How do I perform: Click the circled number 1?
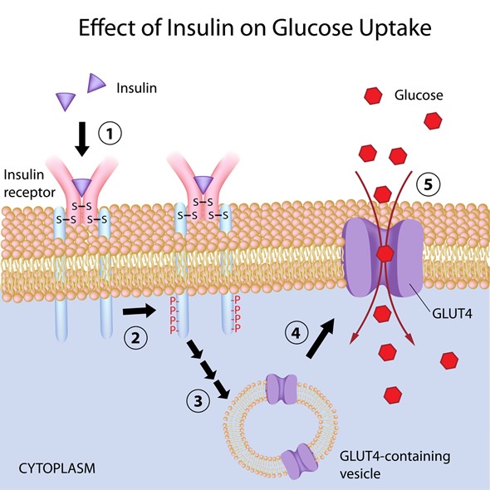point(110,132)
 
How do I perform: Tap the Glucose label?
point(419,96)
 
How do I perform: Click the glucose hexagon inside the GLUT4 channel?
point(385,252)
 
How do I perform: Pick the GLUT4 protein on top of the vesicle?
point(283,387)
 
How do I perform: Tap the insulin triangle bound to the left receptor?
point(81,187)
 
